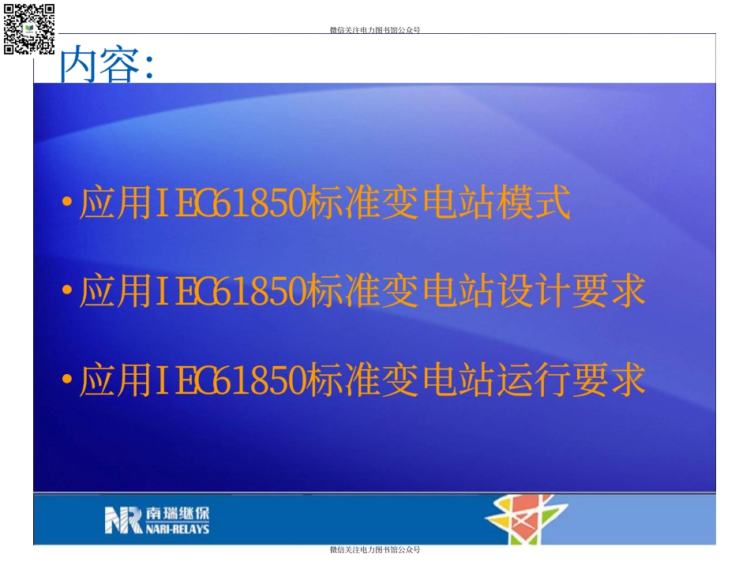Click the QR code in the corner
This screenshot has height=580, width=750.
(x=29, y=28)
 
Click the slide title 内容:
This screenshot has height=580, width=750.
(x=107, y=65)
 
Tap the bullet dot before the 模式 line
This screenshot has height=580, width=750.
(x=66, y=204)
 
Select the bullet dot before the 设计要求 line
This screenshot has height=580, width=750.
(x=66, y=292)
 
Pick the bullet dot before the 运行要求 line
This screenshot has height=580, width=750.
(x=66, y=380)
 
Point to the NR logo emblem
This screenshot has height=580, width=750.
(x=123, y=520)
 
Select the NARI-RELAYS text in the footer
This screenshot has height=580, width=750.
(x=178, y=529)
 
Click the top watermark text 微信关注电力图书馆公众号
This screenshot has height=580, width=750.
(x=374, y=31)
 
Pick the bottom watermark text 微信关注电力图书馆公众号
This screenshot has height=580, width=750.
(x=374, y=550)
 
